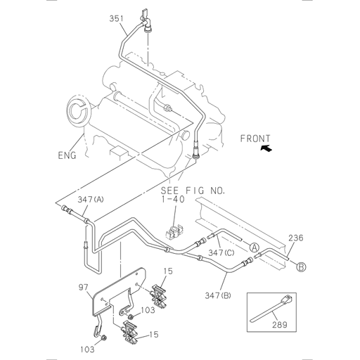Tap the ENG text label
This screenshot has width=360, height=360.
[67, 154]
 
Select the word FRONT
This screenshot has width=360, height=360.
[255, 139]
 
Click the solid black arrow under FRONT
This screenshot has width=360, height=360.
[265, 148]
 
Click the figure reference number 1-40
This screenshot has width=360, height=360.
[172, 200]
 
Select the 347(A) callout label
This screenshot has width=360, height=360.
[90, 200]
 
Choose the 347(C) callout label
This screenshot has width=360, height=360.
[221, 252]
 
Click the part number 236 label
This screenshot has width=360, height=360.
[296, 238]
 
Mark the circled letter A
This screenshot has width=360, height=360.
[255, 247]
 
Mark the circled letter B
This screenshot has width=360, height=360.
[300, 266]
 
